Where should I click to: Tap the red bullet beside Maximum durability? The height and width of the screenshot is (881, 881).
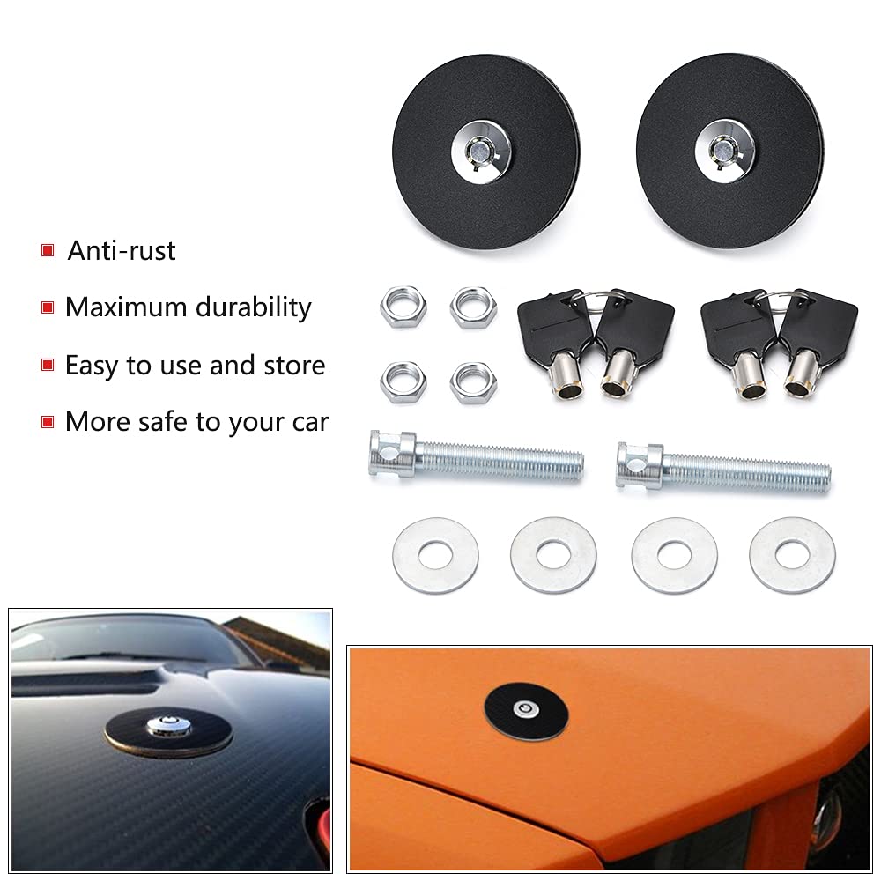[48, 307]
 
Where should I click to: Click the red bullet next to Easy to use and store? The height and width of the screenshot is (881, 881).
[48, 365]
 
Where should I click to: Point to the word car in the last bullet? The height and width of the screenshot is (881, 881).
[308, 422]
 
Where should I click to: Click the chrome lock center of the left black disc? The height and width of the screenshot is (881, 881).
[484, 149]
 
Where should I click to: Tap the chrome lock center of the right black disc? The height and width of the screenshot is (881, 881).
[727, 149]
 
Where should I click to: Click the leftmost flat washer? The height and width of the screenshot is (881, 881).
[435, 556]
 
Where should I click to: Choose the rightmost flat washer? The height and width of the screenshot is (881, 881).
[792, 555]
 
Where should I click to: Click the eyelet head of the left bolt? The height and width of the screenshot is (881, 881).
[390, 454]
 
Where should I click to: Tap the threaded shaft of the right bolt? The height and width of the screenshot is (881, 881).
[749, 470]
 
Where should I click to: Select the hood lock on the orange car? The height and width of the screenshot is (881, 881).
[525, 709]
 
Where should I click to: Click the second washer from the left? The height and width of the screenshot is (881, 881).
[553, 556]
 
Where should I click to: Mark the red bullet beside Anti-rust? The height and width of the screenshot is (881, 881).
[48, 251]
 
